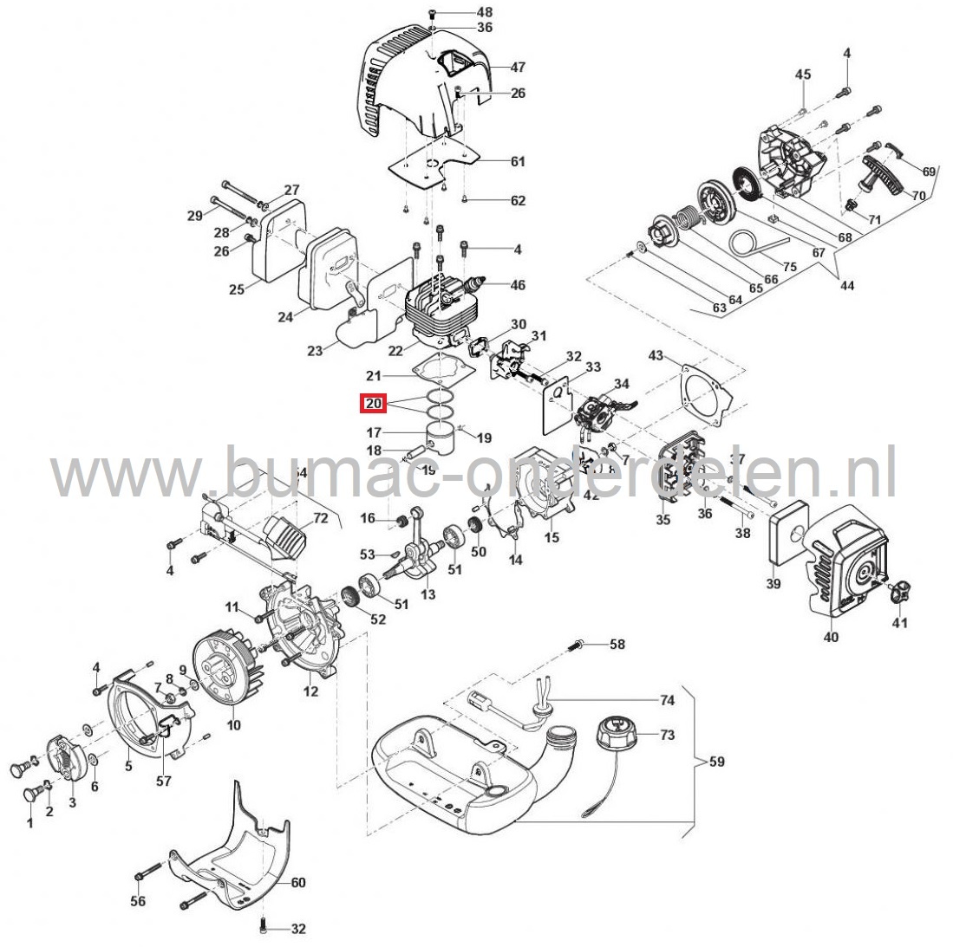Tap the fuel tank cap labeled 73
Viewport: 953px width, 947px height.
pyautogui.click(x=621, y=740)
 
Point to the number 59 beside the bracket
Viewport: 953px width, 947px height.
pyautogui.click(x=716, y=762)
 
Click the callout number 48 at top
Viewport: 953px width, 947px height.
pyautogui.click(x=484, y=12)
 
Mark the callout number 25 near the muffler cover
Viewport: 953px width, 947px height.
pyautogui.click(x=237, y=289)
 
